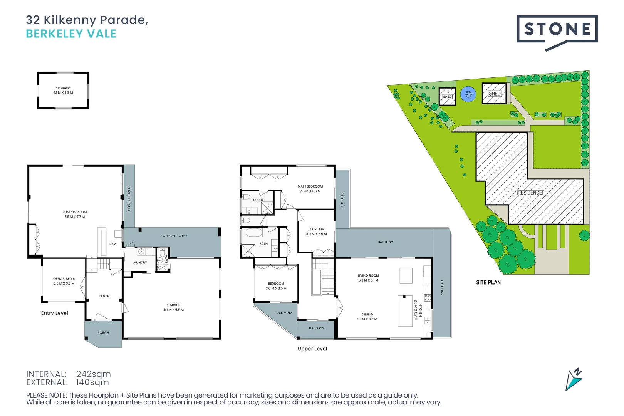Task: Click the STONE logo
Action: pyautogui.click(x=557, y=30)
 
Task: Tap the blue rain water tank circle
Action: pyautogui.click(x=468, y=94)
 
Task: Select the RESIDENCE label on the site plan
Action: pyautogui.click(x=530, y=193)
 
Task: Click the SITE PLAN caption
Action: pyautogui.click(x=488, y=282)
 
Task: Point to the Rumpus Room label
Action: pyautogui.click(x=75, y=212)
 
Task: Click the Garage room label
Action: pyautogui.click(x=174, y=305)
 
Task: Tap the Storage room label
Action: pyautogui.click(x=63, y=88)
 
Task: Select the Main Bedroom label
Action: pyautogui.click(x=310, y=186)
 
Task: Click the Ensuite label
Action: pyautogui.click(x=258, y=200)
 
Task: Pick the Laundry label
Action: pyautogui.click(x=139, y=263)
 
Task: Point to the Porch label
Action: pyautogui.click(x=103, y=333)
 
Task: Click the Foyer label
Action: pyautogui.click(x=104, y=296)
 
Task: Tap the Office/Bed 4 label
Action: pyautogui.click(x=64, y=279)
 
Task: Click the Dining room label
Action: pyautogui.click(x=367, y=314)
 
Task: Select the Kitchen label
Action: pyautogui.click(x=421, y=310)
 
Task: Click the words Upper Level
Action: pyautogui.click(x=312, y=349)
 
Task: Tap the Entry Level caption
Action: pyautogui.click(x=55, y=313)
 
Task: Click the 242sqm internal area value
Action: pyautogui.click(x=93, y=374)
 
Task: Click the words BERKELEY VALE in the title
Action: pyautogui.click(x=71, y=34)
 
